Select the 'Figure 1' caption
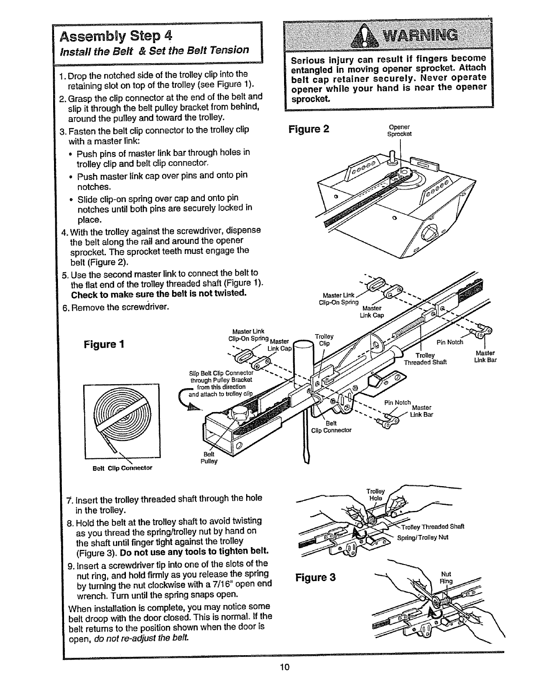pyautogui.click(x=105, y=345)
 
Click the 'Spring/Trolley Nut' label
pyautogui.click(x=423, y=537)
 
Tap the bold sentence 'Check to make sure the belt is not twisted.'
pyautogui.click(x=159, y=294)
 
